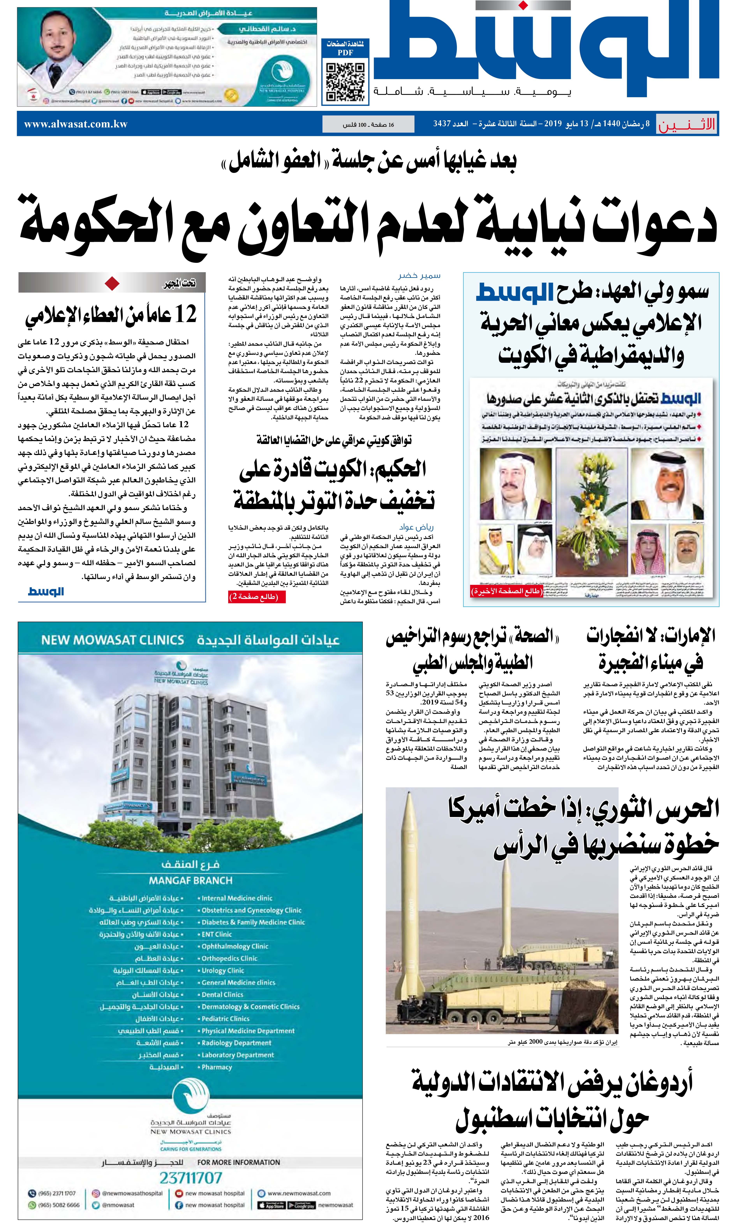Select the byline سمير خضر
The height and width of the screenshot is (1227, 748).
click(419, 275)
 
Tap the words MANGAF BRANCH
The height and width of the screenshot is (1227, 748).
click(191, 880)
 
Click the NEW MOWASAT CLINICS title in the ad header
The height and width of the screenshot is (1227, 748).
click(113, 640)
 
